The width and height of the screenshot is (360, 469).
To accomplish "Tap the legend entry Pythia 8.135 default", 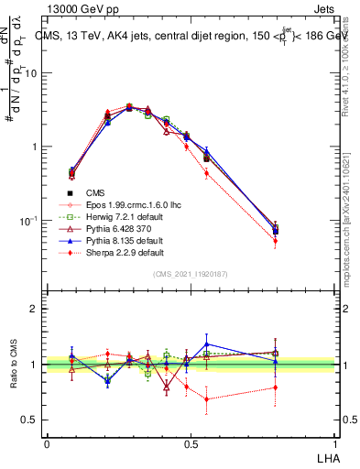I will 109,240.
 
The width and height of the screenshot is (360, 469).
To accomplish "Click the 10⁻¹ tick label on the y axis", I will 30,221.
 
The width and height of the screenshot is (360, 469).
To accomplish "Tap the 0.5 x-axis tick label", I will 190,443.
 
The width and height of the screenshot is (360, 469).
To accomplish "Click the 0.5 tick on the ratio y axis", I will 32,420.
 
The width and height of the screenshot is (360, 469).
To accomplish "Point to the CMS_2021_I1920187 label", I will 189,274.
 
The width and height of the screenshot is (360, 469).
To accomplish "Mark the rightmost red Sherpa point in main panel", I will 275,241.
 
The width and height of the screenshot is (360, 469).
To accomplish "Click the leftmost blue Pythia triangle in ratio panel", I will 72,355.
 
